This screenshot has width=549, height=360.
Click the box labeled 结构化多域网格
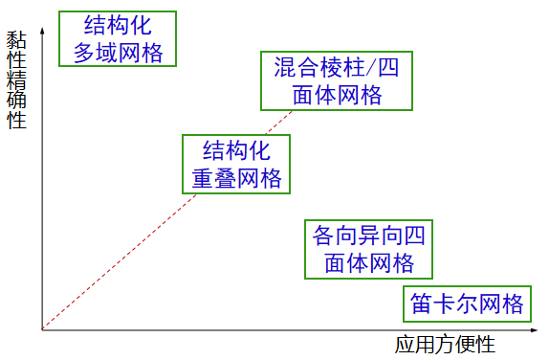pyautogui.click(x=118, y=38)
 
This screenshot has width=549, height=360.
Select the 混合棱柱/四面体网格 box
pyautogui.click(x=336, y=80)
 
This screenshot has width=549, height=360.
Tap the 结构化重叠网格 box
pyautogui.click(x=236, y=163)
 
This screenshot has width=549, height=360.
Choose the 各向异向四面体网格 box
pyautogui.click(x=368, y=248)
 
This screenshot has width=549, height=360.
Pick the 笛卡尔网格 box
pyautogui.click(x=467, y=304)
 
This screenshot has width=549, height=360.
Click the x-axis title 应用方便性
pyautogui.click(x=446, y=344)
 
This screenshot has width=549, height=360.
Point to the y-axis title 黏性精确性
pyautogui.click(x=15, y=80)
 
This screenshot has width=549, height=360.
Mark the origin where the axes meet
pyautogui.click(x=42, y=330)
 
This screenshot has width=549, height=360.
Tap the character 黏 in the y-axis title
pyautogui.click(x=15, y=39)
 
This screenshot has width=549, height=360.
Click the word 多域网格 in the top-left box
pyautogui.click(x=118, y=52)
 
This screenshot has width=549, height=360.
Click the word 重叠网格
pyautogui.click(x=236, y=177)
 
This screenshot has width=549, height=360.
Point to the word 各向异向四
pyautogui.click(x=368, y=235)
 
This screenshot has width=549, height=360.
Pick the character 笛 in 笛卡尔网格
pyautogui.click(x=422, y=304)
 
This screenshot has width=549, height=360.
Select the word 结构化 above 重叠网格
pyautogui.click(x=236, y=149)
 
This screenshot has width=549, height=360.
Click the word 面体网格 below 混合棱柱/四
pyautogui.click(x=336, y=95)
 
